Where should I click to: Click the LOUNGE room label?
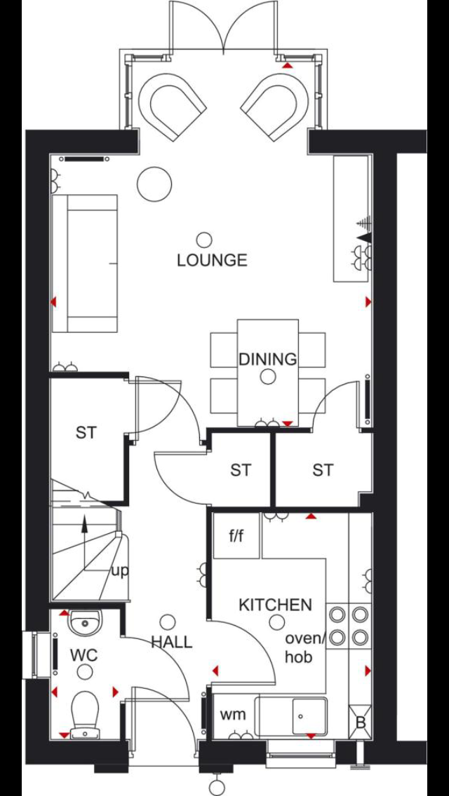tap(212, 261)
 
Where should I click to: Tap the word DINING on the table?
tap(267, 359)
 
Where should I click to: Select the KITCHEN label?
tap(275, 605)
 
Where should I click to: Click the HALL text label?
tap(172, 642)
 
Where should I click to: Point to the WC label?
tap(83, 656)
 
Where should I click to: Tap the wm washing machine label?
tap(233, 715)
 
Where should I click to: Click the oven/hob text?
tap(305, 648)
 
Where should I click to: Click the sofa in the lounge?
tap(86, 263)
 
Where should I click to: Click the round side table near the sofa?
tap(154, 184)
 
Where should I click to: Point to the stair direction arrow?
tap(84, 540)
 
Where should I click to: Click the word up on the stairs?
tap(120, 571)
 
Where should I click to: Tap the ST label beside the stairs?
tap(86, 433)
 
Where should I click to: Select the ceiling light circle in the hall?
tap(168, 622)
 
